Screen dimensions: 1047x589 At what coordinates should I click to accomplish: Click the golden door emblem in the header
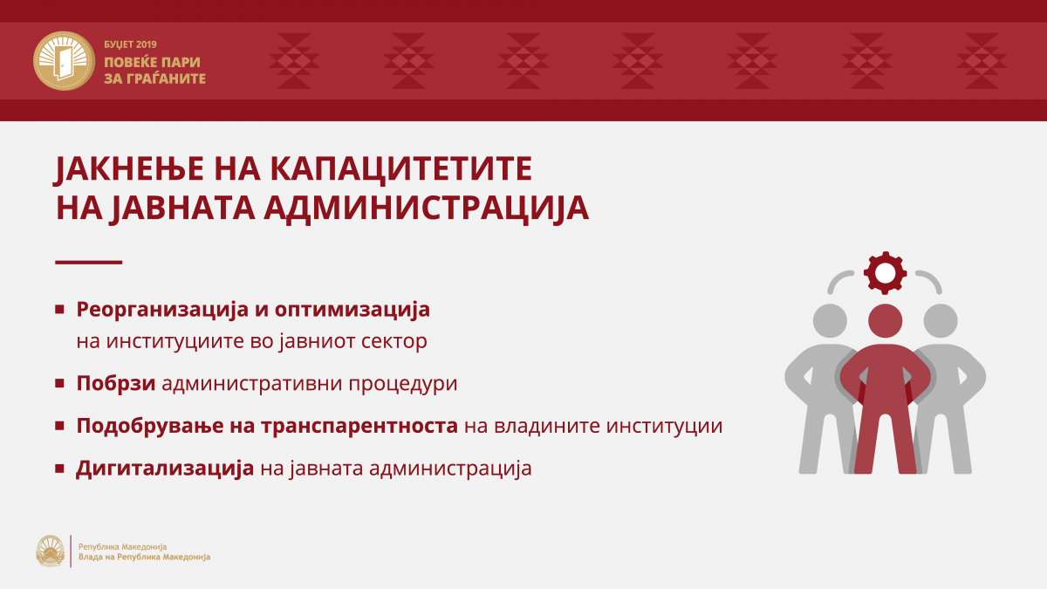(64, 61)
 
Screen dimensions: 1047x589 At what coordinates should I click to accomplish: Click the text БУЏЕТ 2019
(130, 45)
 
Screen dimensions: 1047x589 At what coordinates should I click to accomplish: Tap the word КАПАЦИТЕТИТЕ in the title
(401, 168)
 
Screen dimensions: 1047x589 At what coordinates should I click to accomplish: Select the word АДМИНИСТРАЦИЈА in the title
(427, 208)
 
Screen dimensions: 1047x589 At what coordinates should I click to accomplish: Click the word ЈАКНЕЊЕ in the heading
(129, 169)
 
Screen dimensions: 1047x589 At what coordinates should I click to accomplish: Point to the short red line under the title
(89, 263)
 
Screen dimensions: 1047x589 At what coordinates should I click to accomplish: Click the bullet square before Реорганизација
(59, 309)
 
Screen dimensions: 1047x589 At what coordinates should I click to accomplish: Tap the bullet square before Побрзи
(59, 383)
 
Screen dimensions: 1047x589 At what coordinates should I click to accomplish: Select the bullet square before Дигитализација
(59, 468)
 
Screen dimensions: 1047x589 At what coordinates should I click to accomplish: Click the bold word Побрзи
(116, 384)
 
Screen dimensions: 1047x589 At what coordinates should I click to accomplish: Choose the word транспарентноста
(359, 427)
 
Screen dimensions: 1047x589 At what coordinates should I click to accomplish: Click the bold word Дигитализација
(165, 469)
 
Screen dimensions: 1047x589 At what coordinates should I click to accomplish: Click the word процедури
(403, 384)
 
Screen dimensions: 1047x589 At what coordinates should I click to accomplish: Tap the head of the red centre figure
(886, 321)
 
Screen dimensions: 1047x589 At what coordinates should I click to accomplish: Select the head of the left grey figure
(830, 321)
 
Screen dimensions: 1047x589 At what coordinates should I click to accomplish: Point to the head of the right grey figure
(941, 321)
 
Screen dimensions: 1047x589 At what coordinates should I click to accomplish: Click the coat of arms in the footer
(51, 551)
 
